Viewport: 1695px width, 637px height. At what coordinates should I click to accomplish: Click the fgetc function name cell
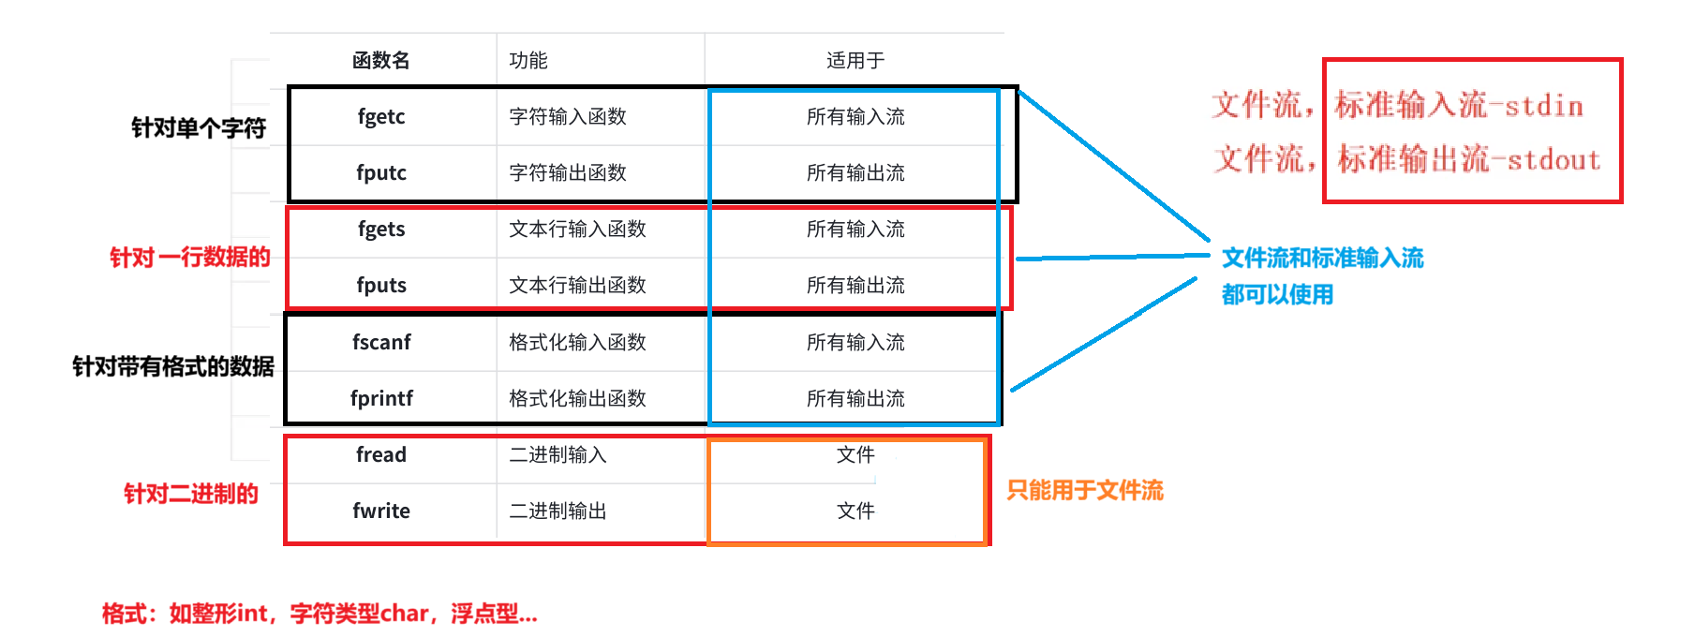pos(381,117)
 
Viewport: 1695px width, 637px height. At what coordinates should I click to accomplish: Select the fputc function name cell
pos(381,173)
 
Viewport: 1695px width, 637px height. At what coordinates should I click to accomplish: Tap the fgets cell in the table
pos(381,230)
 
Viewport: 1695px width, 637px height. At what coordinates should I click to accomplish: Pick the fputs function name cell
pos(381,286)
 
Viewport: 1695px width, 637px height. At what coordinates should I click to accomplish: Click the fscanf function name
pos(381,343)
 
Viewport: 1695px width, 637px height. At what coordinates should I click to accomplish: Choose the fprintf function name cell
pos(381,399)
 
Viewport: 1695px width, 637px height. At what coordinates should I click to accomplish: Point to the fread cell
pos(381,455)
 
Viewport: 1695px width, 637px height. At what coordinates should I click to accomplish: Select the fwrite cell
pos(381,511)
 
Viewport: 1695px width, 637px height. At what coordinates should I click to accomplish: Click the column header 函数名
pos(381,61)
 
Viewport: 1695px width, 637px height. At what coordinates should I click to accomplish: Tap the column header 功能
pos(528,61)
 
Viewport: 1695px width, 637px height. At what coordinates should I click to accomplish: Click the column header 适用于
pos(855,61)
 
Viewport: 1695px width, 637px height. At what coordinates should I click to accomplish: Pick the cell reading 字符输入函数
pos(568,117)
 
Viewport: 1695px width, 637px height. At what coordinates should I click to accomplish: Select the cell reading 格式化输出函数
pos(577,399)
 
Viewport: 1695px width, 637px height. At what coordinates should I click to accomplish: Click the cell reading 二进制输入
pos(558,455)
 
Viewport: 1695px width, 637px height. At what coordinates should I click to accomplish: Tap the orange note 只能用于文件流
pos(1085,491)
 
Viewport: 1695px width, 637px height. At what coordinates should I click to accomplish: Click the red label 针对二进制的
pos(191,495)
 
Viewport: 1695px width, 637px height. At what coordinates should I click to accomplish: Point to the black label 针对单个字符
pos(199,128)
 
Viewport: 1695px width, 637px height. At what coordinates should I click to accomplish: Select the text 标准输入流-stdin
pos(1459,106)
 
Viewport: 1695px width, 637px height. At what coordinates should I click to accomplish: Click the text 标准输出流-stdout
pos(1469,160)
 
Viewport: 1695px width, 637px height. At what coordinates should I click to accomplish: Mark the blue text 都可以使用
pos(1277,295)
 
